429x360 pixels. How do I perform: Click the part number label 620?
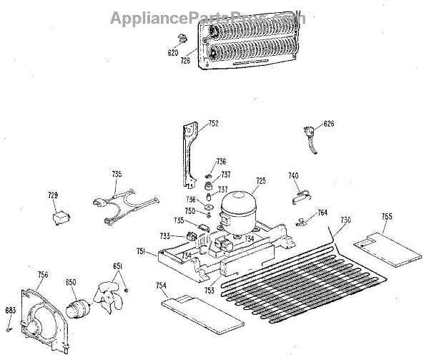pos(172,52)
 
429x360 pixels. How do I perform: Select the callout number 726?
pos(185,61)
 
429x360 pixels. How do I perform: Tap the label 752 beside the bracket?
pos(213,125)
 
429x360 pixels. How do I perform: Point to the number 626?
pos(328,124)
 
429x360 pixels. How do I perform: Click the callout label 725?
pos(261,181)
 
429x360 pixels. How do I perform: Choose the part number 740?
pos(293,175)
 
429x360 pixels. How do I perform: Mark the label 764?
pos(322,213)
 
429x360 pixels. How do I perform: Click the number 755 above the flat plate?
pos(386,216)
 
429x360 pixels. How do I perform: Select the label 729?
pos(52,195)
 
